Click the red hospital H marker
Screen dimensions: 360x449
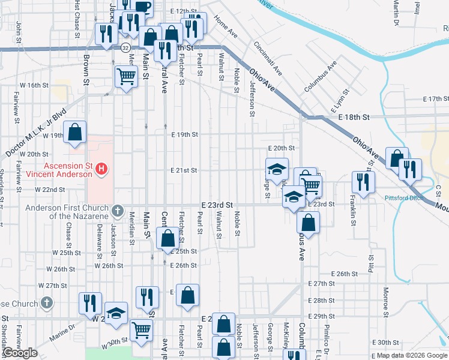point(101,170)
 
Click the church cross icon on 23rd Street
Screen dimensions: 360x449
point(118,211)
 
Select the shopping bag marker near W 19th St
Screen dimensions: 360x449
point(74,133)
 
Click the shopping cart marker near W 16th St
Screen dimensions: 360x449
point(126,76)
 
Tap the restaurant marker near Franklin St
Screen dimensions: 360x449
point(363,179)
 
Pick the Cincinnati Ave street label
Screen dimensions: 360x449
point(268,59)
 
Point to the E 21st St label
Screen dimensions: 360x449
point(184,170)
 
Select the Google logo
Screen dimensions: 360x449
point(20,353)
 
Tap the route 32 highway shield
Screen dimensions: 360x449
point(125,46)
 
